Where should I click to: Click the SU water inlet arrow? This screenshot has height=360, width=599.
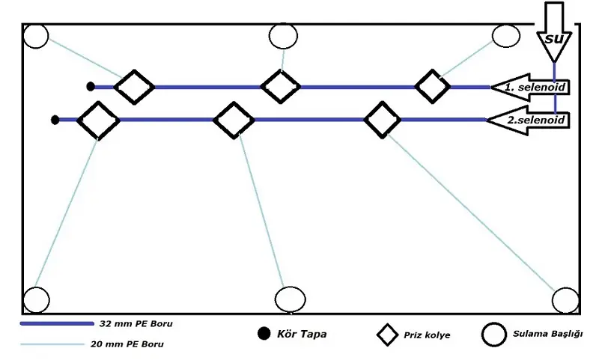[553, 34]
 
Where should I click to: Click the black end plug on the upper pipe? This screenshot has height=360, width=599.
[91, 87]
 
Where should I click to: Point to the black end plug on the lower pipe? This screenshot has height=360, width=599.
[55, 120]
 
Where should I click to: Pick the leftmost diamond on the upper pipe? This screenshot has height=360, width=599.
[135, 87]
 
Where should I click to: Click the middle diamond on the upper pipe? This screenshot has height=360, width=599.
[281, 86]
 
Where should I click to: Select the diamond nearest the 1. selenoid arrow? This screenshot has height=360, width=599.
[433, 86]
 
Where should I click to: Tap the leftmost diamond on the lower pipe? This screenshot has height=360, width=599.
[98, 120]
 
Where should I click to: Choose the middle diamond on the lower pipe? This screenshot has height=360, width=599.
[234, 120]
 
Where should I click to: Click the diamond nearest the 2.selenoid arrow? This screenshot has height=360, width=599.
[383, 120]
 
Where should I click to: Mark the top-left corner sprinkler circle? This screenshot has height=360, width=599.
[36, 35]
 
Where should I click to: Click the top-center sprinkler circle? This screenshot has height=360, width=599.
[283, 36]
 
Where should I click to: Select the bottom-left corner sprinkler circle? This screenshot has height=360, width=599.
[36, 299]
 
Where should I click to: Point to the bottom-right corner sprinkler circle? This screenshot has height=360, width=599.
[565, 300]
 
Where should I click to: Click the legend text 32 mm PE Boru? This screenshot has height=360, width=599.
[131, 325]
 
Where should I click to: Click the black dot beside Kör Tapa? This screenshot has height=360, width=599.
[263, 334]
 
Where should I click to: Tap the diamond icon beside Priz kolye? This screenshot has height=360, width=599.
[387, 335]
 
